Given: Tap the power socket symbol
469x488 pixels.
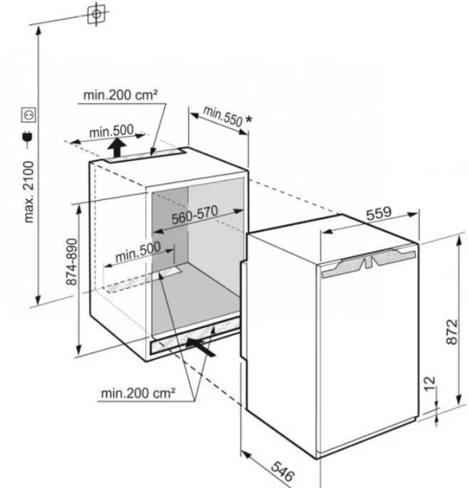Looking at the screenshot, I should point(29,114).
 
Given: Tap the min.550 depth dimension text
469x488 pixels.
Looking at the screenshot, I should point(222,116).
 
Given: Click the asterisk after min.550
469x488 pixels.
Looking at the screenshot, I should point(248,122).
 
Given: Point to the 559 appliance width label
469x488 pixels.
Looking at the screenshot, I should point(381,213).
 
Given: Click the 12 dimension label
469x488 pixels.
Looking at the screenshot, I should point(428,385).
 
